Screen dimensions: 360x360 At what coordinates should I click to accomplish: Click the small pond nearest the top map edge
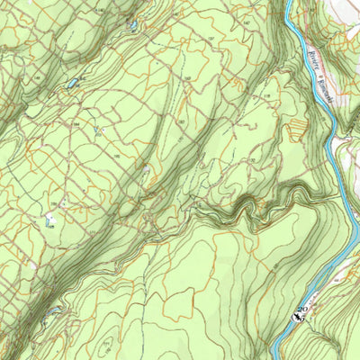(x=133, y=26)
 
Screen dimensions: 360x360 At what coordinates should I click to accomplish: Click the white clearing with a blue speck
(x=51, y=219)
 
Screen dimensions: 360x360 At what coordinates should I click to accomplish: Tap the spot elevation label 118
(x=267, y=94)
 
